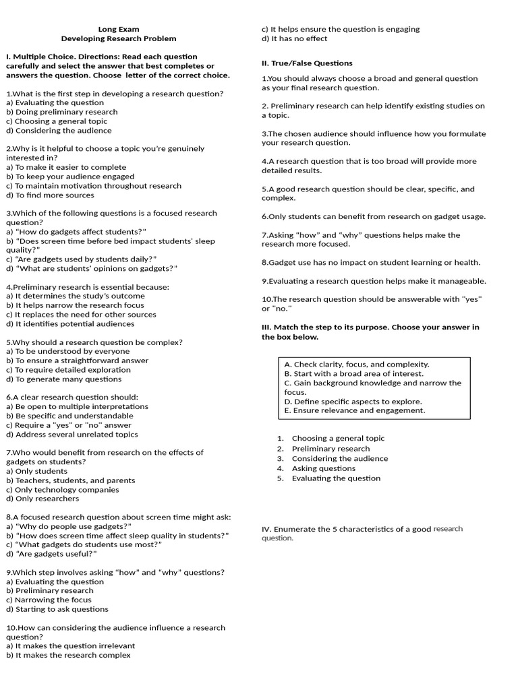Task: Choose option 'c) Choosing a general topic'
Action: [x=57, y=121]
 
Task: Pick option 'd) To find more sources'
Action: [x=50, y=195]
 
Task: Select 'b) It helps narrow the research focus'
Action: [x=75, y=305]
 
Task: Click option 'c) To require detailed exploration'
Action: [x=67, y=370]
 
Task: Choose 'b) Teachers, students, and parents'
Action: [x=70, y=480]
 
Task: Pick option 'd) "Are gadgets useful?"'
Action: [x=52, y=554]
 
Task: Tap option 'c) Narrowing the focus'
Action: [x=51, y=600]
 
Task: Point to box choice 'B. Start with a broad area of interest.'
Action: [x=354, y=373]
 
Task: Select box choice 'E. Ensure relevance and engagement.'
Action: [x=355, y=410]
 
